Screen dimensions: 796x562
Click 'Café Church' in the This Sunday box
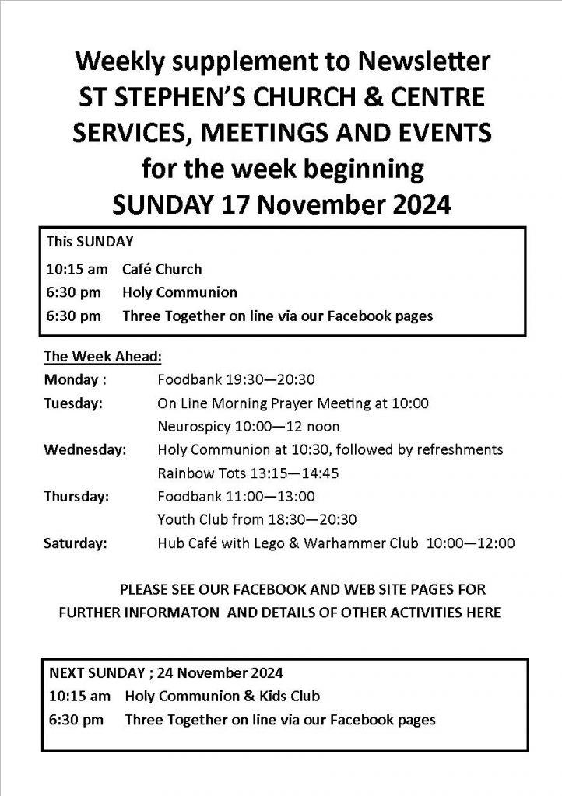161,269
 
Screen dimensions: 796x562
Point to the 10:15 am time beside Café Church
76,269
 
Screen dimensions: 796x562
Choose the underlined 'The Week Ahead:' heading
102,358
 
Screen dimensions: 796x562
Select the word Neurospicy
192,427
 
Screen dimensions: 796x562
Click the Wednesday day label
85,450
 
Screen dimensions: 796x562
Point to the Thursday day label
76,496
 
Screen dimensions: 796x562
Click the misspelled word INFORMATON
163,613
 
